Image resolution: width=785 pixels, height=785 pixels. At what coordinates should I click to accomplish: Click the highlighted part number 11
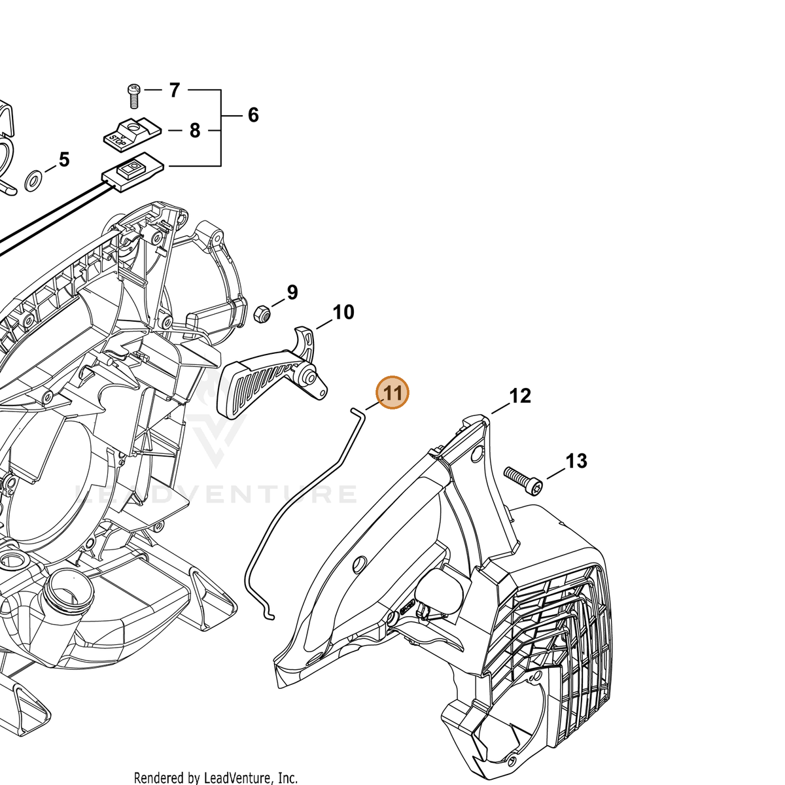coord(392,392)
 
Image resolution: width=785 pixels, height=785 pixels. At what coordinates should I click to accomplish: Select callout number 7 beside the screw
coord(175,90)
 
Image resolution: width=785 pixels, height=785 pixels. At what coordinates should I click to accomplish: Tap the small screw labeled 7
coord(133,96)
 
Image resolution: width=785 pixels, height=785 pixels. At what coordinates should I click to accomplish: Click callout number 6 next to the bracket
coord(253,115)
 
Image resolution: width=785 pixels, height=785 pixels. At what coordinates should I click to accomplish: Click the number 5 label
coord(64,160)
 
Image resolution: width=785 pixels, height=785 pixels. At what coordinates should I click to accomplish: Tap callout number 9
coord(292,292)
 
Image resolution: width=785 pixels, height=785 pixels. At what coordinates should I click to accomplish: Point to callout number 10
coord(343,313)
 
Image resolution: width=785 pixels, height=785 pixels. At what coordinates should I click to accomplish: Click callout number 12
coord(520,396)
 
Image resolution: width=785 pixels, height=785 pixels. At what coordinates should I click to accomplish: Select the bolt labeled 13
coord(522,481)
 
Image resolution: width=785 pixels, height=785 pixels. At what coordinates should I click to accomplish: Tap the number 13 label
coord(576,461)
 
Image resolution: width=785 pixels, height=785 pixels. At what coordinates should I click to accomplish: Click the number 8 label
coord(195,131)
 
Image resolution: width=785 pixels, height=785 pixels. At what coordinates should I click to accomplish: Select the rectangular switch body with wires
coord(133,171)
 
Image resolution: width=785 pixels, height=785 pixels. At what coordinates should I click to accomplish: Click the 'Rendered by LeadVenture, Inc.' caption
coord(215,778)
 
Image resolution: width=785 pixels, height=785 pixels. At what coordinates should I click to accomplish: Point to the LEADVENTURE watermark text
coord(216,494)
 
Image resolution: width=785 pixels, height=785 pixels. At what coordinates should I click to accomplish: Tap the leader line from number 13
coord(555,474)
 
